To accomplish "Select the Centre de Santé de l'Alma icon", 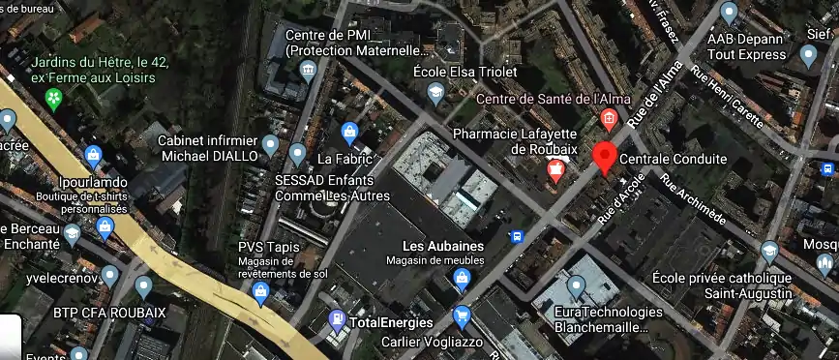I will pyautogui.click(x=609, y=119).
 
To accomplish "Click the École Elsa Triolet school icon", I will pyautogui.click(x=436, y=92).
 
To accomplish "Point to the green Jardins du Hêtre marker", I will pyautogui.click(x=55, y=97).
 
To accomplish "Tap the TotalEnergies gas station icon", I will pyautogui.click(x=337, y=317).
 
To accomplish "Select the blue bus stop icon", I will pyautogui.click(x=518, y=235).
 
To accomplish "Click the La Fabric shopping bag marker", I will pyautogui.click(x=350, y=132).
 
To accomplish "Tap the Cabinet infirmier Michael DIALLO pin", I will pyautogui.click(x=271, y=145).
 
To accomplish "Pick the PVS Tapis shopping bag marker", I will pyautogui.click(x=260, y=292).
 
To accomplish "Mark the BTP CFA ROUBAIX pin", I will pyautogui.click(x=144, y=285).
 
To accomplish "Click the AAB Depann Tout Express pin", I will pyautogui.click(x=729, y=13).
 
